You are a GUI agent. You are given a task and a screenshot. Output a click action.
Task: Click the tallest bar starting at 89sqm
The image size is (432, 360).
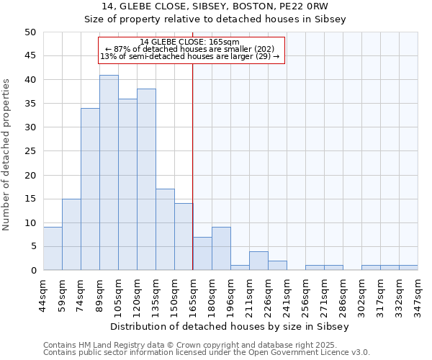[109, 173]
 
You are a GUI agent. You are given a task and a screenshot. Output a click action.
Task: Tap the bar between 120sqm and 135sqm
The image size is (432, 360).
[146, 179]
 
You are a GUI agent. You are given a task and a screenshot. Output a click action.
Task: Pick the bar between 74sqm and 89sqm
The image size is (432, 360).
[90, 189]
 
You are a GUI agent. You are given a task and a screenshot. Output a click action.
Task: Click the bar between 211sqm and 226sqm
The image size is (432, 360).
[258, 261]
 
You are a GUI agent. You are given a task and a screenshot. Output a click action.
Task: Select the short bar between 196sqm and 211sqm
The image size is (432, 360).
[240, 268]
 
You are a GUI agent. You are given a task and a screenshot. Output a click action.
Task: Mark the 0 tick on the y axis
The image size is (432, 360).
[32, 270]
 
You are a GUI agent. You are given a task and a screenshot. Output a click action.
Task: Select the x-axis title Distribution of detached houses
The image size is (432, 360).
[230, 326]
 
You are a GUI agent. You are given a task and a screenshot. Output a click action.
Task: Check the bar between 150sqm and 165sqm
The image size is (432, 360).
[184, 237]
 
